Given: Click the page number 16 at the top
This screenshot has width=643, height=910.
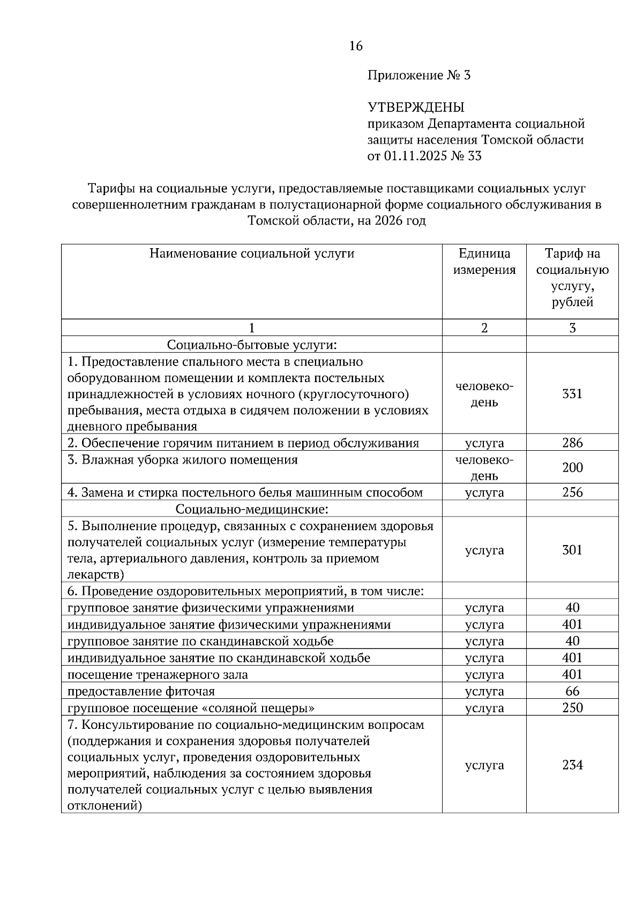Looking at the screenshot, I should click(356, 46).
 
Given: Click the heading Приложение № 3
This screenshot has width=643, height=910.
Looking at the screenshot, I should click(418, 76).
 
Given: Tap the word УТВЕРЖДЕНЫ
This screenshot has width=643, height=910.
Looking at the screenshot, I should click(416, 108).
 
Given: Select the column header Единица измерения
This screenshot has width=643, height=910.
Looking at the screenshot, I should click(484, 262).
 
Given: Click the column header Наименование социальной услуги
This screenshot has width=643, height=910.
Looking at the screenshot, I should click(251, 253).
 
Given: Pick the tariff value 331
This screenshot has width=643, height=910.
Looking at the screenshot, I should click(572, 394).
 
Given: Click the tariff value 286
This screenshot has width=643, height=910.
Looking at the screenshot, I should click(572, 443).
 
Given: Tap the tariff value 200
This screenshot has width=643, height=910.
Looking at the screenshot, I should click(572, 468).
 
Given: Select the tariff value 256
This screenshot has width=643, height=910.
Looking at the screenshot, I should click(572, 493).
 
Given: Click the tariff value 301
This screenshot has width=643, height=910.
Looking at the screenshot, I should click(572, 550).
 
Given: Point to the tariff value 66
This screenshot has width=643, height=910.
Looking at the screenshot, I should click(572, 691).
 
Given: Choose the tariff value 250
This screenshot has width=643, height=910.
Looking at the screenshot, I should click(572, 707).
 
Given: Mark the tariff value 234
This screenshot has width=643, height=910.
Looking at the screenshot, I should click(572, 765).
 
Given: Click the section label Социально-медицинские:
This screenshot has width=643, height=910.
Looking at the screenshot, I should click(251, 509).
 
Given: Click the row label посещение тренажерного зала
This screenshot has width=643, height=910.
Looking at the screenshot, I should click(158, 675).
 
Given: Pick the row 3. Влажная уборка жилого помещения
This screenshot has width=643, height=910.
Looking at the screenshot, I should click(182, 460).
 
